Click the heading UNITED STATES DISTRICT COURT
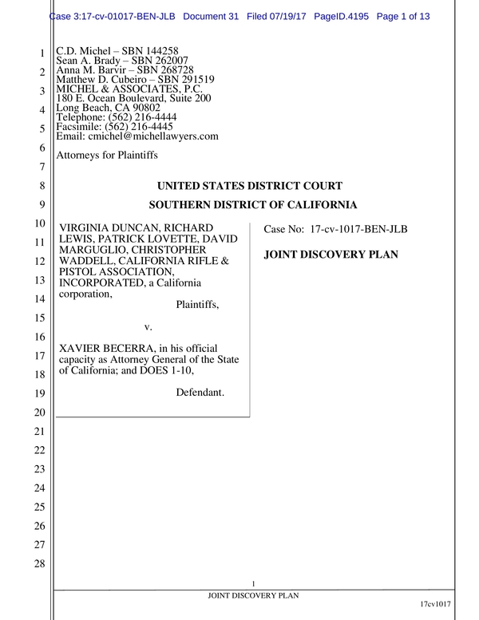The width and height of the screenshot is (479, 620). [250, 186]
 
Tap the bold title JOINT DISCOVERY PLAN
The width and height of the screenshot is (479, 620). [331, 255]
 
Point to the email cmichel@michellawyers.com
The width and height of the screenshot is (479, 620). [152, 136]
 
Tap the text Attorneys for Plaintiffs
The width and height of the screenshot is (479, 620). [107, 155]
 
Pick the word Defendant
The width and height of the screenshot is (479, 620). [200, 392]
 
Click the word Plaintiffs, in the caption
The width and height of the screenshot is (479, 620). [196, 304]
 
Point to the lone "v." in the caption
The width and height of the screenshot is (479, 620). [148, 327]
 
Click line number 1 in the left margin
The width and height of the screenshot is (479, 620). [41, 54]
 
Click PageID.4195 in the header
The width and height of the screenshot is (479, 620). [354, 17]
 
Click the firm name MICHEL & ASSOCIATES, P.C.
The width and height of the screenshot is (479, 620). [128, 89]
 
